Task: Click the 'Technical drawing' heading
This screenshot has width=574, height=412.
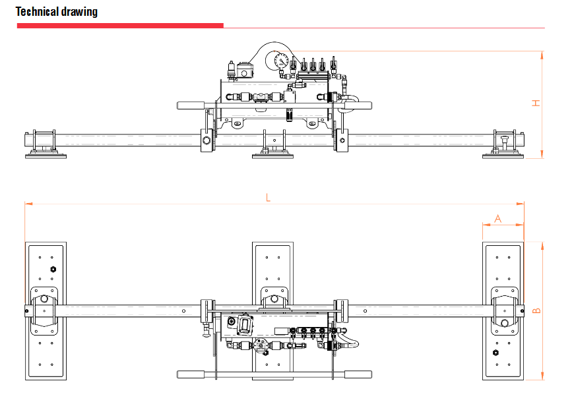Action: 57,12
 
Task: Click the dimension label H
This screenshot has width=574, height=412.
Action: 537,103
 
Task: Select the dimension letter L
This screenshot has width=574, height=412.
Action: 267,196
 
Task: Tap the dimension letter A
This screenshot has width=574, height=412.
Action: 498,218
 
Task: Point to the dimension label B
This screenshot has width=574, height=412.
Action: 537,310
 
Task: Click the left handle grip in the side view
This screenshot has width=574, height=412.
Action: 191,105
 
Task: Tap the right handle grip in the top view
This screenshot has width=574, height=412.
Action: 357,374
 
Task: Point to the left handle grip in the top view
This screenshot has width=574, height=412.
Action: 191,374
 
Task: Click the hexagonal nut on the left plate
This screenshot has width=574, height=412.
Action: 53,269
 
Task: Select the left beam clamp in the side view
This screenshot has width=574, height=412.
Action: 207,140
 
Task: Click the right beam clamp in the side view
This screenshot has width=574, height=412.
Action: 342,140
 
